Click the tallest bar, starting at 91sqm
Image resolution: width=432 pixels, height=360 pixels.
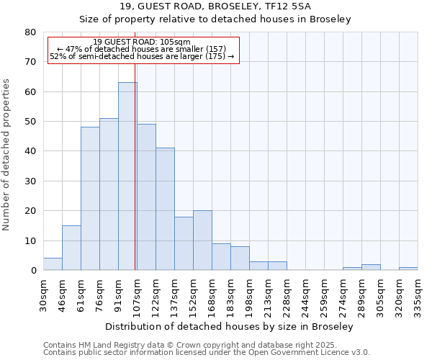click(127, 176)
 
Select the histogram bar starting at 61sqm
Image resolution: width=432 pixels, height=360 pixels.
click(90, 199)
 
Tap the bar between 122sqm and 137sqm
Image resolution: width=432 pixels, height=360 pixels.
click(165, 209)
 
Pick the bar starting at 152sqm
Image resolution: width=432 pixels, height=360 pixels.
click(202, 240)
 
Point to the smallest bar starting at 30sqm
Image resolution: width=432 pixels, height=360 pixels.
click(53, 264)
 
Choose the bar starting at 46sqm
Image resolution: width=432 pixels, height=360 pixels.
click(71, 248)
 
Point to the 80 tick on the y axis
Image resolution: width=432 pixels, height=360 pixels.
click(30, 32)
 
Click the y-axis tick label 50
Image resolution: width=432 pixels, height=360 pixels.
click(30, 122)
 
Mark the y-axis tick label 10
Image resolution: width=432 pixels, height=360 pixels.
click(30, 241)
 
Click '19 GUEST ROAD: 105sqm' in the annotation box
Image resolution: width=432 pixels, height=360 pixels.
click(142, 42)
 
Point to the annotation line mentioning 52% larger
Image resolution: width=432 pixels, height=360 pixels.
click(142, 56)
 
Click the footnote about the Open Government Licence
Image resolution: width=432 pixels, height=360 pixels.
click(207, 353)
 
